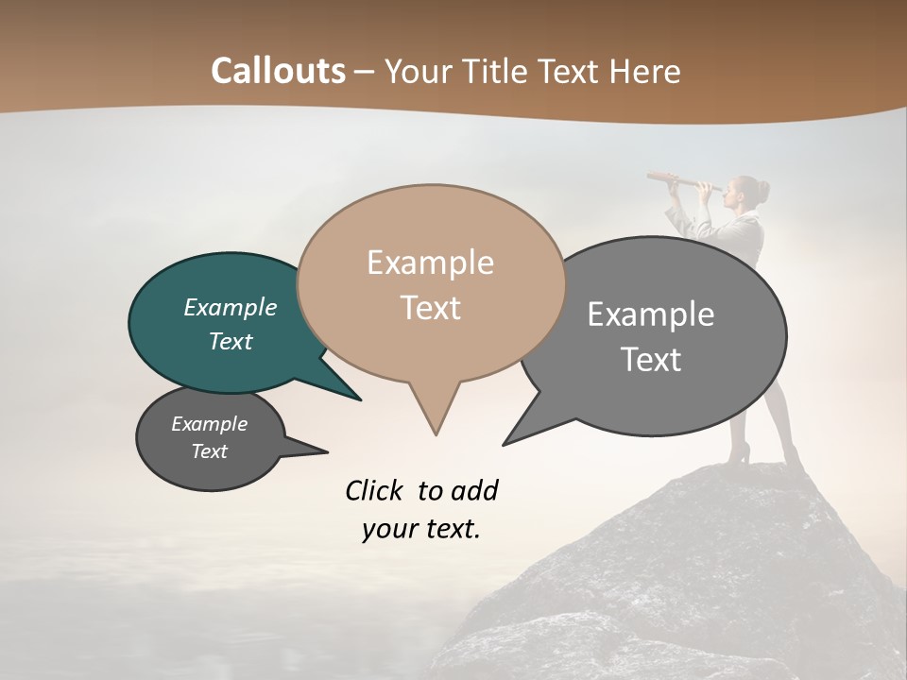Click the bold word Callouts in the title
click(278, 71)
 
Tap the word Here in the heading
click(646, 71)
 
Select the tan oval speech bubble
click(430, 283)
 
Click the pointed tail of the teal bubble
click(358, 398)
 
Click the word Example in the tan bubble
click(430, 263)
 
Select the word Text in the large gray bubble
click(651, 360)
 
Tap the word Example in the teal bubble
click(231, 307)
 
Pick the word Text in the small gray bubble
click(210, 451)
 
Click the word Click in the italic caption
click(375, 490)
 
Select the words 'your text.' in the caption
click(420, 529)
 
